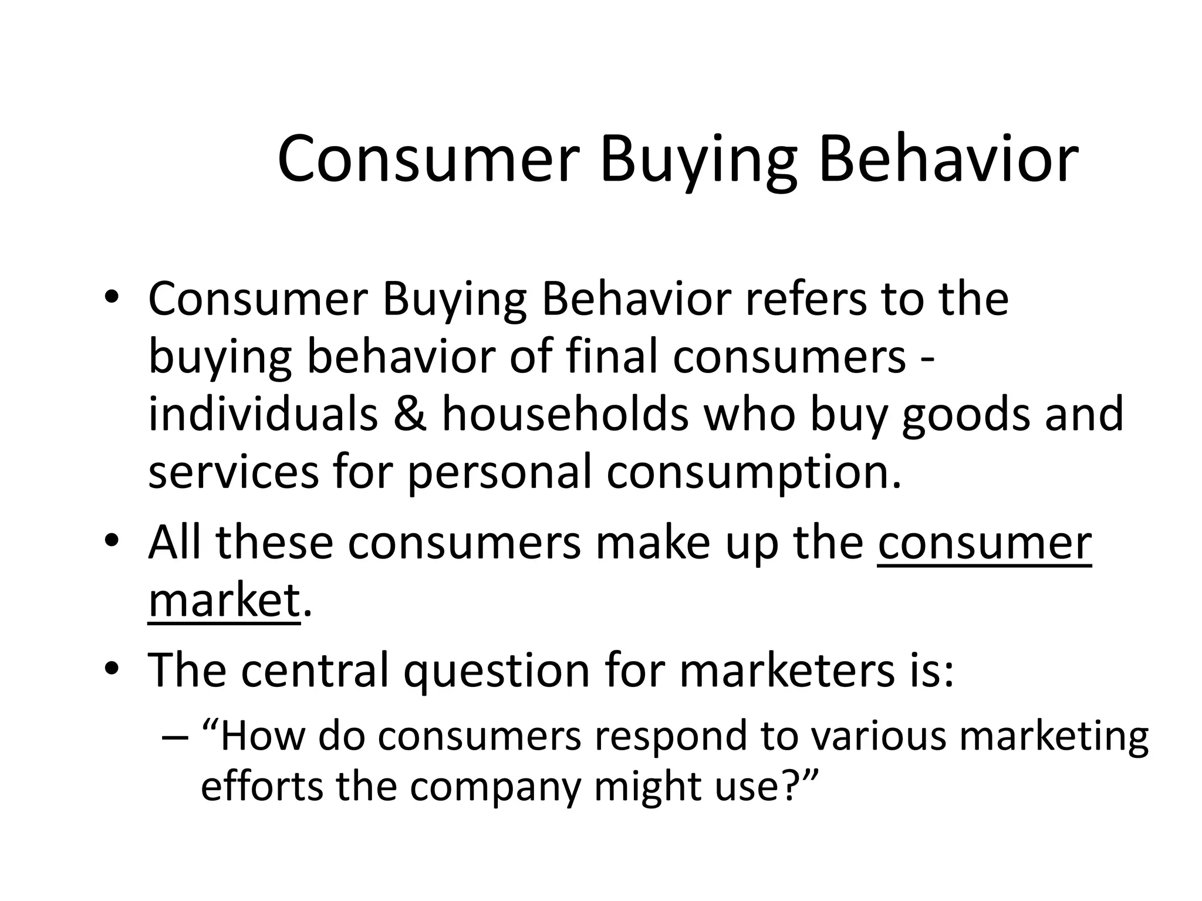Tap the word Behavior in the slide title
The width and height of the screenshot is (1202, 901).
[x=947, y=158]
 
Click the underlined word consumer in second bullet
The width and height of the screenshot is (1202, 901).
[x=984, y=543]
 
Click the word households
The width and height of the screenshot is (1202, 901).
[x=565, y=414]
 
